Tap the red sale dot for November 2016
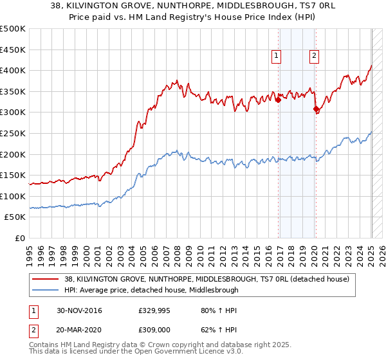(x=278, y=100)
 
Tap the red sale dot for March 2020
(x=316, y=109)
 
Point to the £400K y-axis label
(x=13, y=71)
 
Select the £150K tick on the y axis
(x=13, y=175)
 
